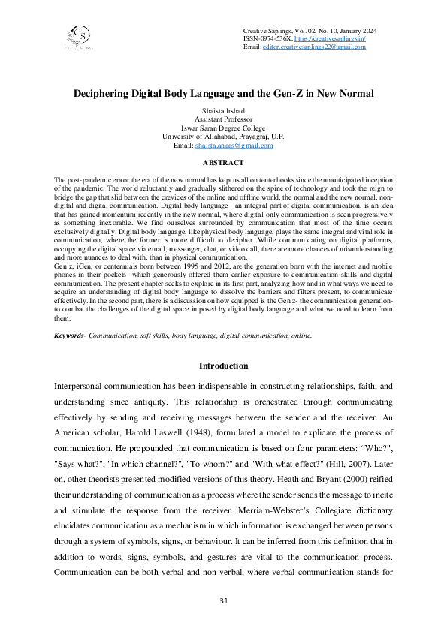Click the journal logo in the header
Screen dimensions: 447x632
click(x=79, y=36)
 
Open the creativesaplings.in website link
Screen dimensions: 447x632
click(x=327, y=38)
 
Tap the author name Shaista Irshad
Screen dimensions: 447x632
click(x=223, y=111)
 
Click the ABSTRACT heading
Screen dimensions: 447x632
click(x=223, y=163)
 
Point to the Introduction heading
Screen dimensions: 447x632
click(x=223, y=366)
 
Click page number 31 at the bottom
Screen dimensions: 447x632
click(x=223, y=601)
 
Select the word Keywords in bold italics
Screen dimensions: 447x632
click(x=69, y=335)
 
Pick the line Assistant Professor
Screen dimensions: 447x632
click(x=223, y=119)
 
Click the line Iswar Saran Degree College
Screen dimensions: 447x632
click(x=223, y=128)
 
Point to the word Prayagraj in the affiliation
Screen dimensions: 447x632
click(x=251, y=137)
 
